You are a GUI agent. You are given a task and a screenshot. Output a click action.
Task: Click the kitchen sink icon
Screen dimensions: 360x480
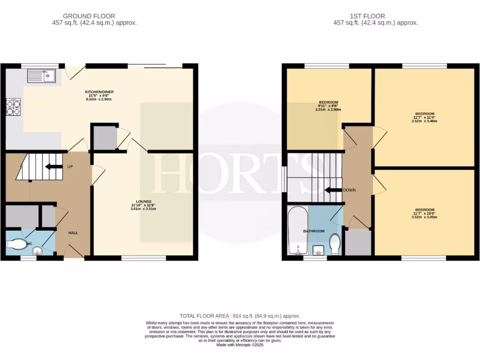[41, 75]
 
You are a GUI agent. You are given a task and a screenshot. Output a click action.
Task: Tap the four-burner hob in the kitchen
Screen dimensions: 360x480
[14, 108]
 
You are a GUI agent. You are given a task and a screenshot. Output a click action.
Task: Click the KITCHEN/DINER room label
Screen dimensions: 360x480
[99, 91]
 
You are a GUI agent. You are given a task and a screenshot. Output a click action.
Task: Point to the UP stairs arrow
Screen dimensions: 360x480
[54, 166]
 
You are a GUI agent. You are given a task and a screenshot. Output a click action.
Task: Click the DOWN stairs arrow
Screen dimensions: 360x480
[334, 190]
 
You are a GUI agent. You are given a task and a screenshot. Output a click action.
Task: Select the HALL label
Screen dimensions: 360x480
[73, 233]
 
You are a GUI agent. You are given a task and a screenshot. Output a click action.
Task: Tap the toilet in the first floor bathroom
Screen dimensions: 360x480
[335, 244]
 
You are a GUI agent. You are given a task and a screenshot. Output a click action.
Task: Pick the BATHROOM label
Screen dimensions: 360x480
[314, 231]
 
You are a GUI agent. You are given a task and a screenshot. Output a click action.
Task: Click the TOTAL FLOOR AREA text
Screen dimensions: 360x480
[240, 316]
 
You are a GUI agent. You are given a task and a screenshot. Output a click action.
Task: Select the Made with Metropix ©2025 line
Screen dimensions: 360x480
[240, 345]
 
